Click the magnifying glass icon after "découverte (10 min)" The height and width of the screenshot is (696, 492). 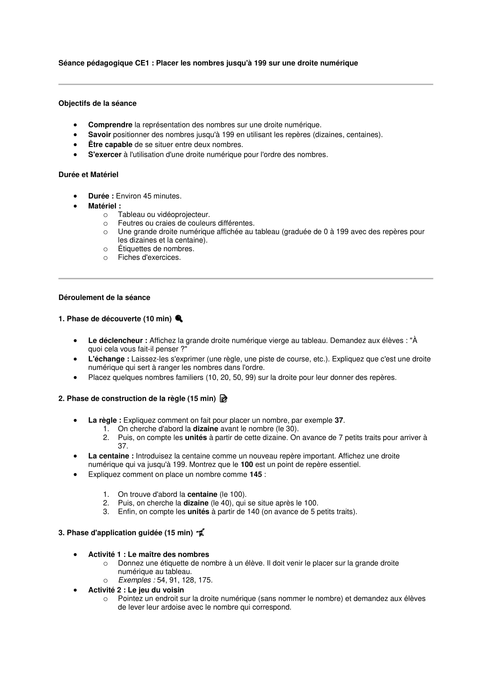click(179, 319)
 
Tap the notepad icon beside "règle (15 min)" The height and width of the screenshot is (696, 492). click(223, 399)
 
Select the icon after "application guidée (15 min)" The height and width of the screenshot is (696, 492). click(200, 533)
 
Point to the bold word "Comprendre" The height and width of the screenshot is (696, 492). click(110, 125)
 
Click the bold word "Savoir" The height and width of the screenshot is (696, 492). click(99, 134)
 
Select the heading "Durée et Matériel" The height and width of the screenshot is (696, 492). click(88, 175)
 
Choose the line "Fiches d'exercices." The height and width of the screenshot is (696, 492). click(149, 257)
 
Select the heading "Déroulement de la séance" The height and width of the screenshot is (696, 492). click(104, 297)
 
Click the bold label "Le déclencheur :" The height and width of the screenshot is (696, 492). click(117, 340)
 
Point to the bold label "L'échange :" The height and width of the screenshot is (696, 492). click(109, 359)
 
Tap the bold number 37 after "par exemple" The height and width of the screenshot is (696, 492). click(339, 420)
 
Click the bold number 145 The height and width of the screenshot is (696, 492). click(256, 474)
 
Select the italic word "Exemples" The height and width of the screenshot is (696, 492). click(134, 580)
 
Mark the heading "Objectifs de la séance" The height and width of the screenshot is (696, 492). click(97, 103)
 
